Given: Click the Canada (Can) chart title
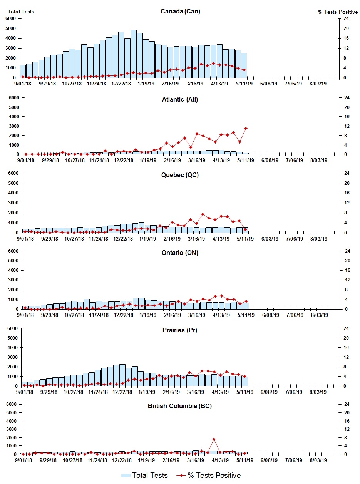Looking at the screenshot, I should point(180,11).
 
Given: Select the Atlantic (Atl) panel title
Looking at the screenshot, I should point(180,100).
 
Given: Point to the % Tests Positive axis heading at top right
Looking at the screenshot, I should point(338,12).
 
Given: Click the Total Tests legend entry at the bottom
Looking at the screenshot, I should point(144,476).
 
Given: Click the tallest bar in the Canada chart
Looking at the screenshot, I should point(134,54).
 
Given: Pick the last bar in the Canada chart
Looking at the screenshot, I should point(244,65).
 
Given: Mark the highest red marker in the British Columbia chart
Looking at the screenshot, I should point(214,439).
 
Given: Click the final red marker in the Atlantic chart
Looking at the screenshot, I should point(246,128).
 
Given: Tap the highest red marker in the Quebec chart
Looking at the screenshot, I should point(203,214).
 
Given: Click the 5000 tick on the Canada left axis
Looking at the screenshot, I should point(10,28).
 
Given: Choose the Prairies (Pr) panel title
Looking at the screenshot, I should point(180,330).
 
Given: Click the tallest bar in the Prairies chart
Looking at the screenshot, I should point(122,375).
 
